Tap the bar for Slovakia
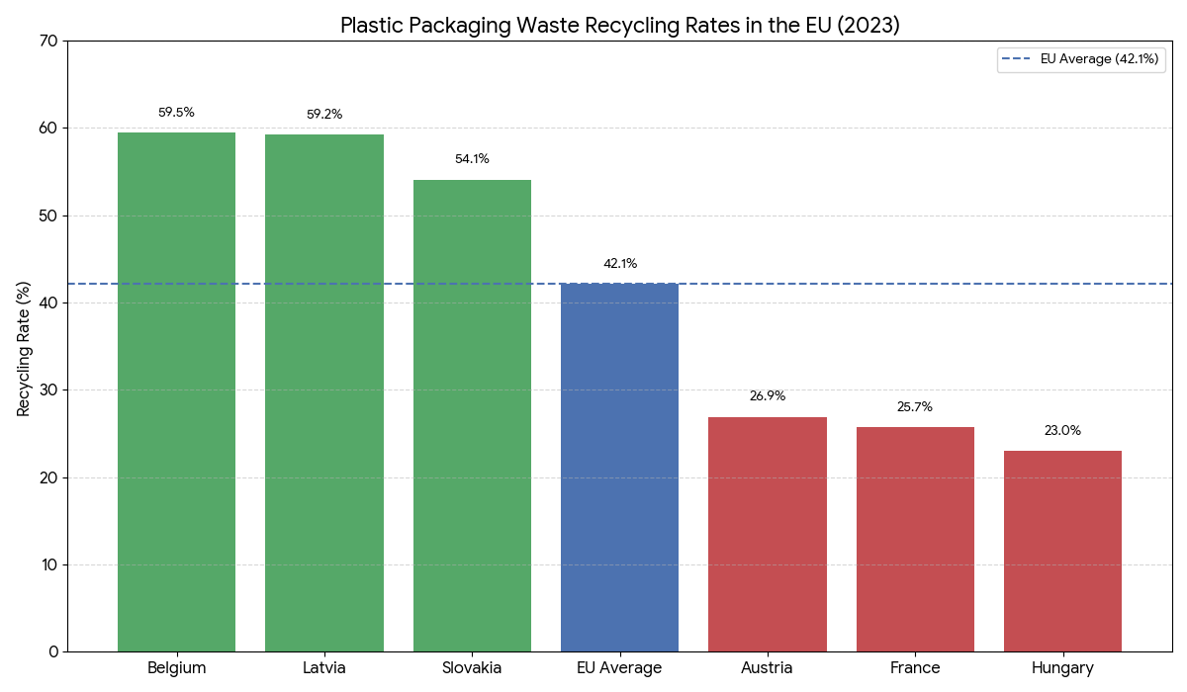tap(472, 415)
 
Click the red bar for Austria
tap(768, 534)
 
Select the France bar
tap(915, 539)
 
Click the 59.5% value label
tap(176, 113)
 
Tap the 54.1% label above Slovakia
tap(472, 159)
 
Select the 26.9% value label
tap(768, 396)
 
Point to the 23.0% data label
tap(1062, 431)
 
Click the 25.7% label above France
tap(915, 407)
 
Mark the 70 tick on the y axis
tap(48, 42)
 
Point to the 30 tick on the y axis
tap(48, 390)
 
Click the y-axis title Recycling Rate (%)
tap(24, 347)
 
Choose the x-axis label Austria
tap(767, 668)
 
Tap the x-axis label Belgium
tap(176, 668)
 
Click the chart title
tap(620, 26)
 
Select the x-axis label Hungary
tap(1062, 668)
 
